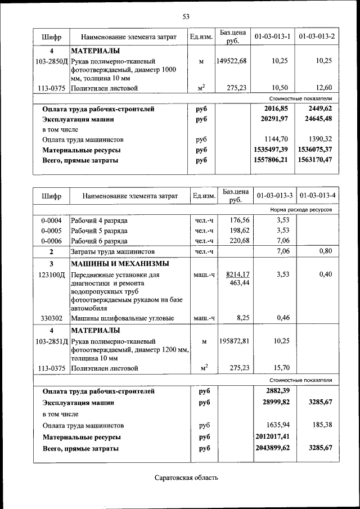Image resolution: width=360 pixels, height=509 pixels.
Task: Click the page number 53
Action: [x=186, y=16]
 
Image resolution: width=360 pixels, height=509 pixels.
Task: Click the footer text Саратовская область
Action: [x=186, y=478]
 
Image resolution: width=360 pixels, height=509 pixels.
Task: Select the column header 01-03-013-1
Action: [x=272, y=37]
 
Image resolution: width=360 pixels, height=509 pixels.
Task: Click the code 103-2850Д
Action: [x=51, y=61]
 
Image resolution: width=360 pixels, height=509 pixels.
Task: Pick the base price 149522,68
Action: [x=232, y=61]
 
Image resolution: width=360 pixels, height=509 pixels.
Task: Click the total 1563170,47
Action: [x=317, y=160]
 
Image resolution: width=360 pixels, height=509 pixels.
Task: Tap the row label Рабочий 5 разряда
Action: [x=99, y=231]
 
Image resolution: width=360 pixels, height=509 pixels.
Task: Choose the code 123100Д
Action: [x=51, y=274]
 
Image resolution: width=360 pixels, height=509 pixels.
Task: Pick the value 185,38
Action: [x=322, y=425]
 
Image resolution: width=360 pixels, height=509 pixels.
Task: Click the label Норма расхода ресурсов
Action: [x=300, y=209]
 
